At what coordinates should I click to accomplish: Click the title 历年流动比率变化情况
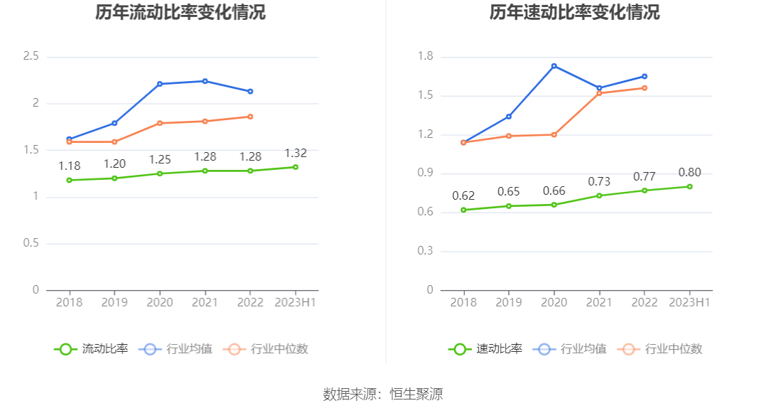(180, 12)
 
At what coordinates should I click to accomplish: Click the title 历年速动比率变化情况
(574, 12)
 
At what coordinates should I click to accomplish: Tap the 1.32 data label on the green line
(296, 154)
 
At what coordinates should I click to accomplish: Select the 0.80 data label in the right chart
(689, 173)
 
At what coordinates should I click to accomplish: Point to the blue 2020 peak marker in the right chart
(554, 66)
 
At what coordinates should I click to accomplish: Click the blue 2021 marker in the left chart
(205, 81)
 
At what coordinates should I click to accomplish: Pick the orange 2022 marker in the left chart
(250, 117)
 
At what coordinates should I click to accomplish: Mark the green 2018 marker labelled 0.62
(463, 210)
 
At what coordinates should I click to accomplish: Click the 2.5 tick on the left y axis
(31, 56)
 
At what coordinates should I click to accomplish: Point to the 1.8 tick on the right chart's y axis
(425, 56)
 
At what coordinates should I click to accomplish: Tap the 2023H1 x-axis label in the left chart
(296, 302)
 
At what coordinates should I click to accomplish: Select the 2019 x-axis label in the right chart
(509, 302)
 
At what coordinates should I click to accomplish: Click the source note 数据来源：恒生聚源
(383, 394)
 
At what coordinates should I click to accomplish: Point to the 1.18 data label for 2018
(69, 166)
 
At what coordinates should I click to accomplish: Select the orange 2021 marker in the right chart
(599, 93)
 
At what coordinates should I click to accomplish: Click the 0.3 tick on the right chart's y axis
(425, 251)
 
